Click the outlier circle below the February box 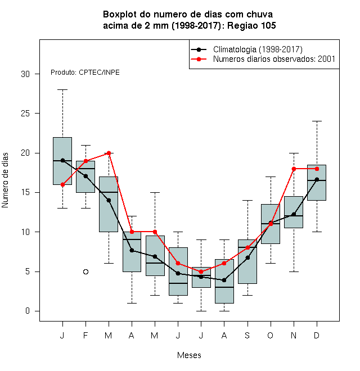tap(85, 272)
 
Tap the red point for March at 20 tap(109, 153)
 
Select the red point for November tap(294, 169)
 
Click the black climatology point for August tap(224, 280)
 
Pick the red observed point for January tap(62, 184)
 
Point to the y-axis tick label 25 tap(25, 114)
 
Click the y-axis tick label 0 tap(28, 311)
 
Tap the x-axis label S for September tap(247, 335)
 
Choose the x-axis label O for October tap(270, 335)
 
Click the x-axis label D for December tap(317, 335)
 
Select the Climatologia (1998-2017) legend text tap(258, 49)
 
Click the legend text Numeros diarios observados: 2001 tap(274, 59)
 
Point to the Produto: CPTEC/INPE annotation tap(85, 73)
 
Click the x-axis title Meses tap(189, 355)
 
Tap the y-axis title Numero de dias tap(5, 180)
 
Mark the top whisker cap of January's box tap(62, 90)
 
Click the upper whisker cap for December tap(317, 121)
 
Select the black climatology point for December tap(317, 179)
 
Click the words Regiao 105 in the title tap(251, 25)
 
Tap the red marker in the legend tap(199, 59)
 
